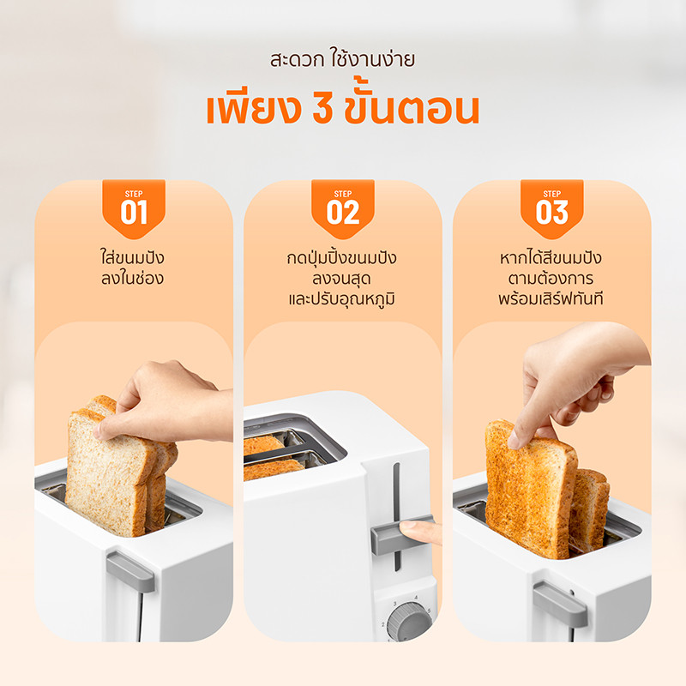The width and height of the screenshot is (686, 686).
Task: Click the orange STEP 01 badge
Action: click(134, 208)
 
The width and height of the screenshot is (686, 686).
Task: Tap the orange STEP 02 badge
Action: click(342, 208)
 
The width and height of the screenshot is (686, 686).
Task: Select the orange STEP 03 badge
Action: click(551, 208)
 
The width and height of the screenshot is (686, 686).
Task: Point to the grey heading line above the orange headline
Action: click(342, 59)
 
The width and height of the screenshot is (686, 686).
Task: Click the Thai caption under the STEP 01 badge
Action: click(133, 268)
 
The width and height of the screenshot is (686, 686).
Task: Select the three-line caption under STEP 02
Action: click(341, 278)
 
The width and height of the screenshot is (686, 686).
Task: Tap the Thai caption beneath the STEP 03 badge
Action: click(551, 278)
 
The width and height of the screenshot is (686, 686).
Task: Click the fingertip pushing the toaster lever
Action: click(419, 531)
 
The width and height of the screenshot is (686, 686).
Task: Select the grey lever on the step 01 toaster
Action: click(130, 571)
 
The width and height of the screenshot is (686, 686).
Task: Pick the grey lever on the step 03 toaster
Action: click(560, 604)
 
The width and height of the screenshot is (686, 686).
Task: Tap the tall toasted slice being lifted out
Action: click(530, 489)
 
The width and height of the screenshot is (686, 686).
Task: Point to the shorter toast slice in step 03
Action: click(590, 508)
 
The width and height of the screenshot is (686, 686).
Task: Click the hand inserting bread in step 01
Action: click(166, 401)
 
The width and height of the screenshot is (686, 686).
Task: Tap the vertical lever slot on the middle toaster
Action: click(396, 517)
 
